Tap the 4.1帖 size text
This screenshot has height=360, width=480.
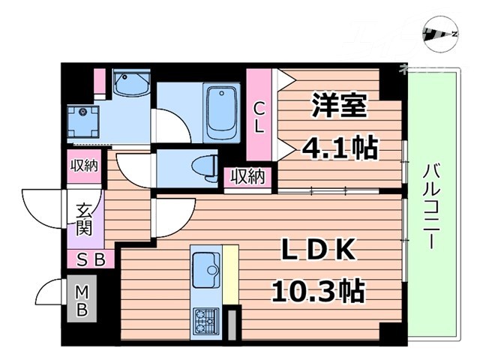click(x=339, y=146)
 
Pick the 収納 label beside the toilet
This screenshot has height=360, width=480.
click(x=247, y=177)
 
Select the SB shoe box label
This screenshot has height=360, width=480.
click(x=94, y=260)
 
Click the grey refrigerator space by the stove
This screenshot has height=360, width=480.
click(x=232, y=323)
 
